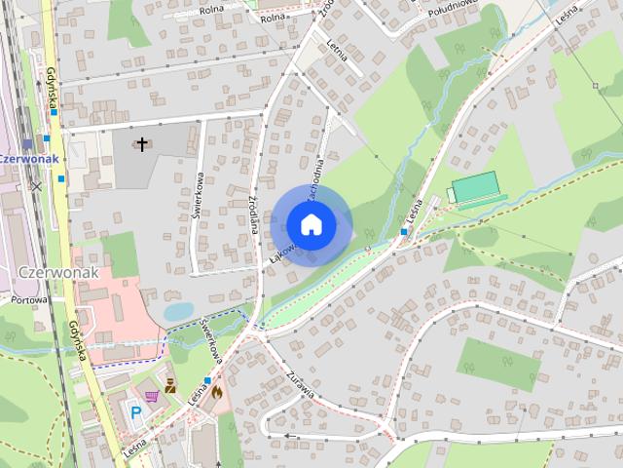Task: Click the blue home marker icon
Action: pos(311,224)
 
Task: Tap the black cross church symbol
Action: pos(142,145)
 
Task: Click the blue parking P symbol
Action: pos(135,413)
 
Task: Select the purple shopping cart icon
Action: pos(153,397)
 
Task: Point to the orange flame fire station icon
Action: pos(216,392)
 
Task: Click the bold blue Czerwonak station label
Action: pos(29,158)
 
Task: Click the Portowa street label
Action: pos(30,300)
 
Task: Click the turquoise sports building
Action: pos(474,186)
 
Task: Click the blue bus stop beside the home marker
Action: pos(404,231)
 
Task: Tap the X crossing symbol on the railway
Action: pos(36,185)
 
